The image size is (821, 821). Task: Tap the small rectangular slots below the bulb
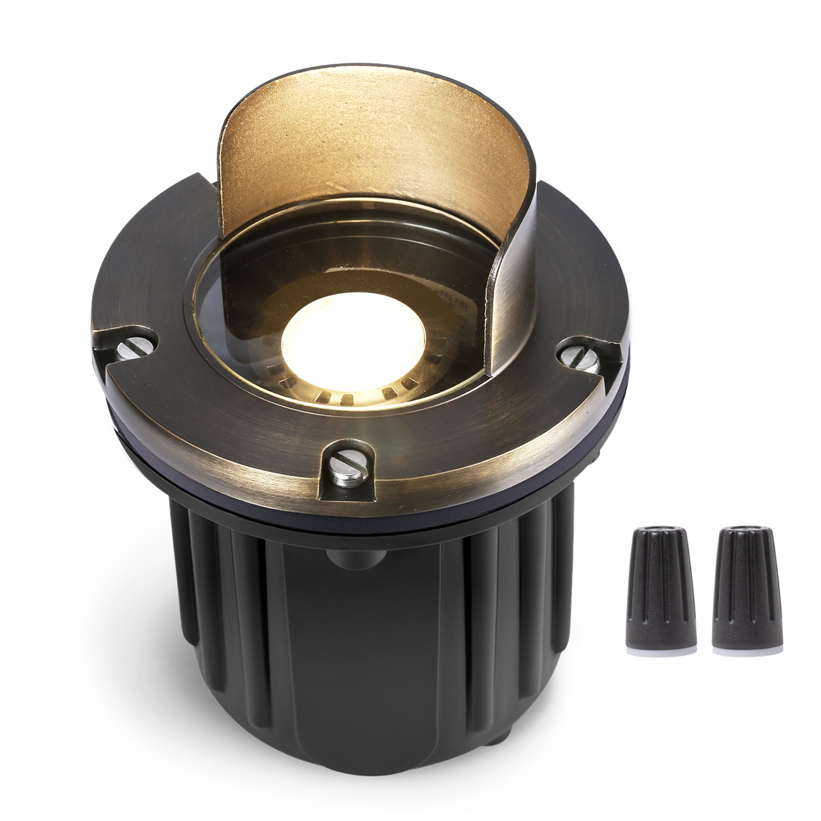click(336, 399)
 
